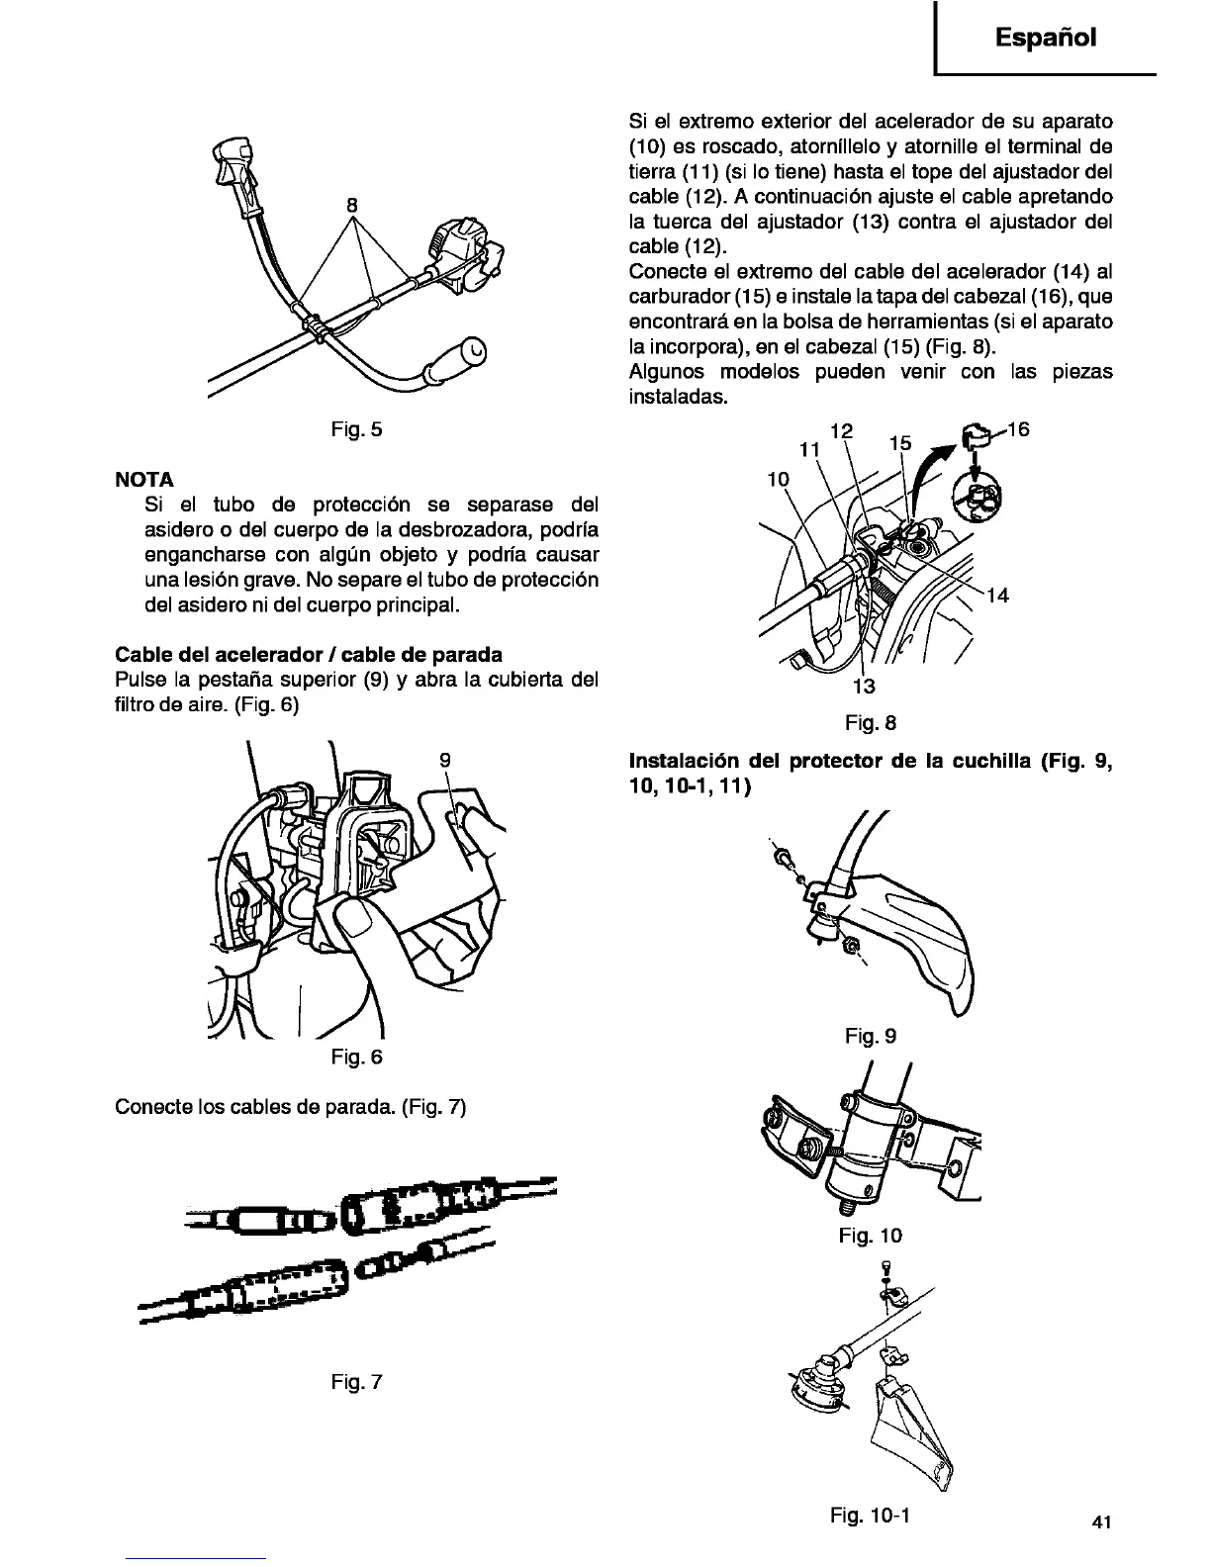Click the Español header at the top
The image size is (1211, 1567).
point(1047,39)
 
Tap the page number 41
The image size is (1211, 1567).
point(1105,1522)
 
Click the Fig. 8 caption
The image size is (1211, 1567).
point(871,723)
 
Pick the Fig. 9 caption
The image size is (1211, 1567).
point(871,1036)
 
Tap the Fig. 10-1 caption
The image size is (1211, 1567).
point(871,1515)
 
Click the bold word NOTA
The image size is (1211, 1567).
point(144,480)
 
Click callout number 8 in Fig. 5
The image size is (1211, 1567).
point(351,206)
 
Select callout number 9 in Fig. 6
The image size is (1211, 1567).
point(445,760)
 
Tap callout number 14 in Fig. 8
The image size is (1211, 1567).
point(997,596)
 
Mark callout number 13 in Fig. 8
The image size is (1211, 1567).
point(864,687)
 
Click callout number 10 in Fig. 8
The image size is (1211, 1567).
point(779,480)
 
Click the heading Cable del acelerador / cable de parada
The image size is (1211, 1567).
point(309,655)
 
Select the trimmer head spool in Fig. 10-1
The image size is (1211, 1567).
point(815,1383)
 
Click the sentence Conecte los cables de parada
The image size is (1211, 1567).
point(290,1105)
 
